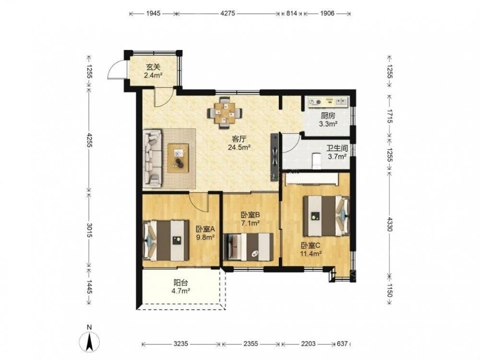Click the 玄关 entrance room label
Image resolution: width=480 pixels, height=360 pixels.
(x=153, y=67)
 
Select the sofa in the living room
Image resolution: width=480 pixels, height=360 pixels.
(x=152, y=158)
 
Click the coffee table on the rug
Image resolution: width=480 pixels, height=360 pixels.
(x=178, y=158)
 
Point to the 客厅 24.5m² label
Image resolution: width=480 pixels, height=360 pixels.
(x=239, y=143)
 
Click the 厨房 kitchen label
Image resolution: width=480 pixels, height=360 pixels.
(x=328, y=116)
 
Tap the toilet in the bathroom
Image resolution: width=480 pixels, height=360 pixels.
(x=316, y=161)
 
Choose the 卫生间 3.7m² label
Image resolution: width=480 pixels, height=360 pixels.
(x=337, y=153)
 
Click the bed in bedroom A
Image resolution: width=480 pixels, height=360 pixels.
(x=166, y=240)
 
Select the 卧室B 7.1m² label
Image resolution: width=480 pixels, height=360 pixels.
(x=251, y=219)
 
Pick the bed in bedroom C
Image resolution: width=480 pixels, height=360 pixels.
(x=326, y=216)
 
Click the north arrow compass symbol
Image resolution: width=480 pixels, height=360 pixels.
(x=89, y=341)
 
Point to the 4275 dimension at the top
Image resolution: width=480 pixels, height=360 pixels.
(x=228, y=13)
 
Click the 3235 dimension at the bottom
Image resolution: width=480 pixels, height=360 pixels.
(x=180, y=344)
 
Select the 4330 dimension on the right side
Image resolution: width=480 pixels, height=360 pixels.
(x=389, y=224)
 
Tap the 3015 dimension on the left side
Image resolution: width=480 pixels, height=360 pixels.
(x=89, y=230)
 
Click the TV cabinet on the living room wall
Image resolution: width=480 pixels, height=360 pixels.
(x=275, y=157)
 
